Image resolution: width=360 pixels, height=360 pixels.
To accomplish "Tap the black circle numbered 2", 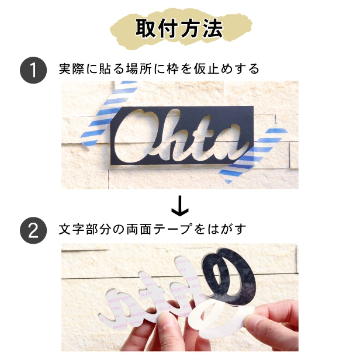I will pos(33,230).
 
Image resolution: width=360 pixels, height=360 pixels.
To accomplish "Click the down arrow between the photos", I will pos(179,205).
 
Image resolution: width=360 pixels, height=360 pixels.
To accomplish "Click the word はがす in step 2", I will pos(230,229).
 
